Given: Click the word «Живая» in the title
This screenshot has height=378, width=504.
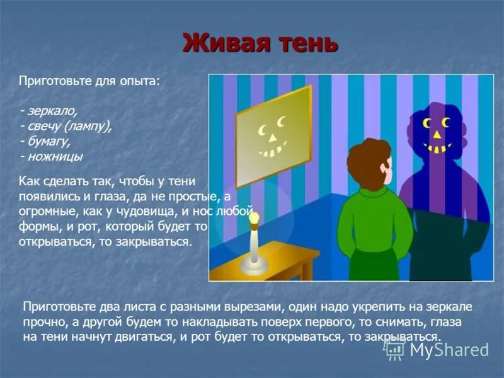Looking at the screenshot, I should click(x=224, y=43).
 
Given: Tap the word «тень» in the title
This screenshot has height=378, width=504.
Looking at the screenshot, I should click(x=306, y=43).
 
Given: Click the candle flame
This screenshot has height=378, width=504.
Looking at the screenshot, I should click(x=256, y=218).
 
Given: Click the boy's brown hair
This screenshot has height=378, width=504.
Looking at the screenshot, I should click(x=366, y=163).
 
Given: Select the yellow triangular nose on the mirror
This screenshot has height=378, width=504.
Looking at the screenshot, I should click(x=273, y=137).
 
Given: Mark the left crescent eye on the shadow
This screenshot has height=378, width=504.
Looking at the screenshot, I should click(x=427, y=122).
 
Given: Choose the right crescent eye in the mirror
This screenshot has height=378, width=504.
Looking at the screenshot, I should click(x=281, y=121).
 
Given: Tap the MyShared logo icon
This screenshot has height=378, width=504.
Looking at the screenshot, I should click(x=396, y=348).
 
